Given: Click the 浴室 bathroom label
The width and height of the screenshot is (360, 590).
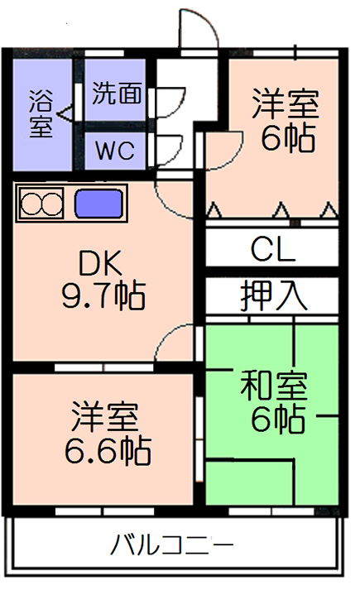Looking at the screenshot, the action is click(41, 113).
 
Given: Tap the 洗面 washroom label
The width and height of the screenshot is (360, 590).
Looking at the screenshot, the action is click(117, 93).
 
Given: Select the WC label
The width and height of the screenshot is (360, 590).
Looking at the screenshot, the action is click(115, 151).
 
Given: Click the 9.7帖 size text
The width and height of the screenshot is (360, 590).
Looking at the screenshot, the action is click(103, 295).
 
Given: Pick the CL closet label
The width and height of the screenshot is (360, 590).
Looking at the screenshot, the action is click(273, 249).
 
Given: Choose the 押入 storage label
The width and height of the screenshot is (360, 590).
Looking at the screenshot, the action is click(274, 295).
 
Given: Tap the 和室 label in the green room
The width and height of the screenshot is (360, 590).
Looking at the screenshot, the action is click(274, 386).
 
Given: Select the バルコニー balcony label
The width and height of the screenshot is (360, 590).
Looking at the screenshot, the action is click(172, 544).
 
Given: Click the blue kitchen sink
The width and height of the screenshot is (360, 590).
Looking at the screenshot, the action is click(99, 204).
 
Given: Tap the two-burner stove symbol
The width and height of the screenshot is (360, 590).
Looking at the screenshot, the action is click(41, 204).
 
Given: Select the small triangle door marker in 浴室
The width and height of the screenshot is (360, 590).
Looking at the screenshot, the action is click(65, 113).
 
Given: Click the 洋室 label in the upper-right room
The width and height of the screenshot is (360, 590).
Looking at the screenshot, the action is click(286, 103).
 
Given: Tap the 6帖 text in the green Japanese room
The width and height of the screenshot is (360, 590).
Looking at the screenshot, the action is click(277, 419).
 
